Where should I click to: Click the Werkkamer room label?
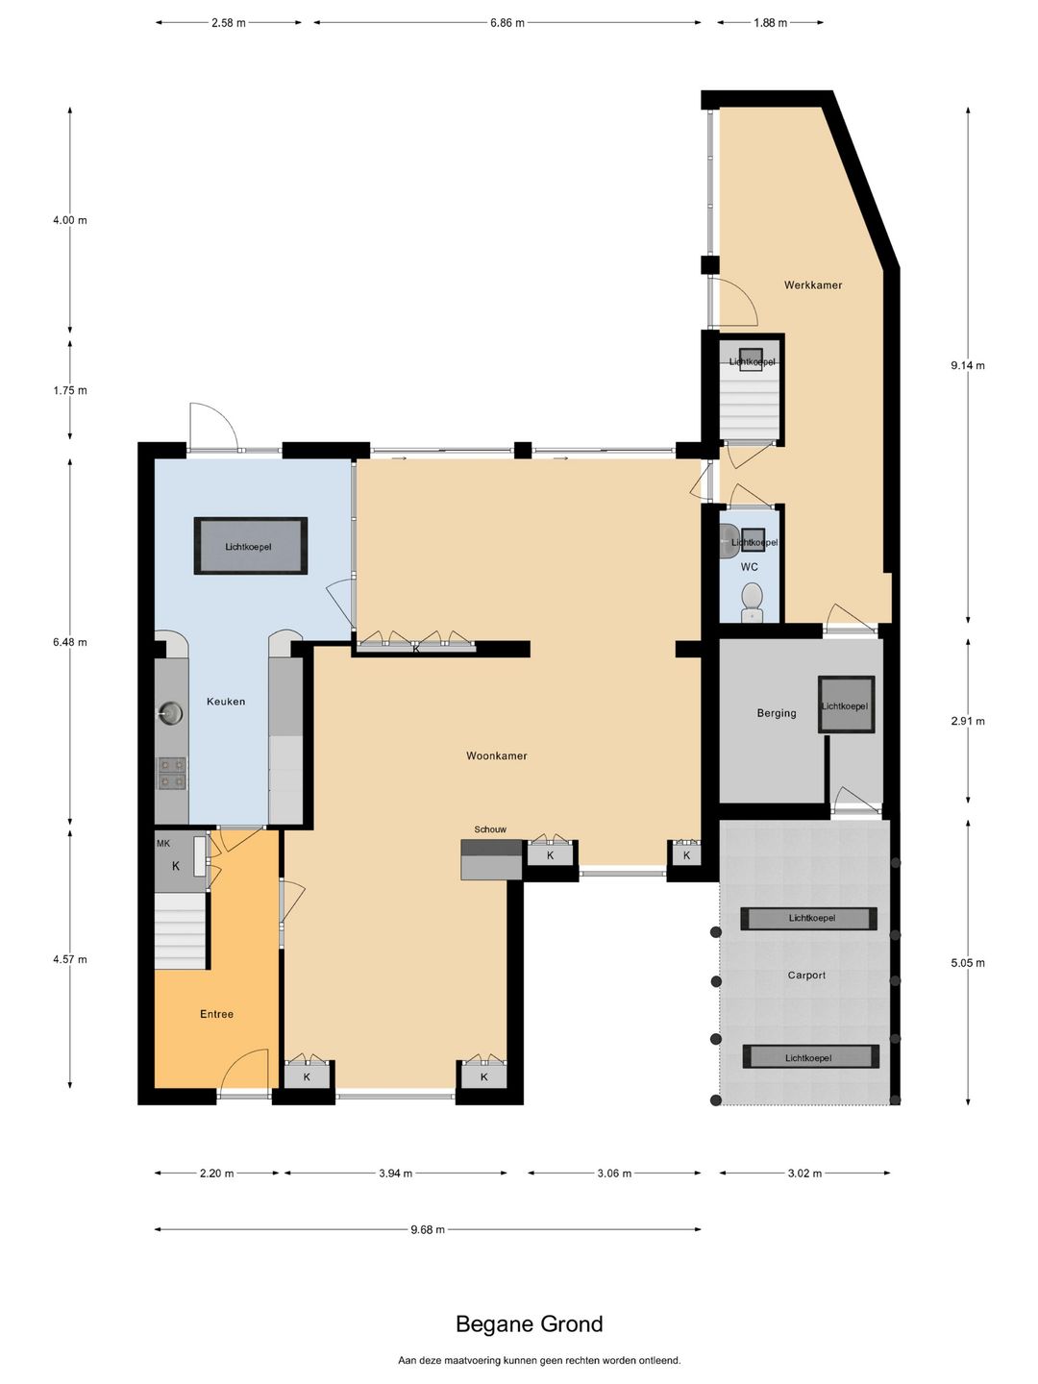click(x=812, y=285)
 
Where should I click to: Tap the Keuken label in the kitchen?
click(x=226, y=702)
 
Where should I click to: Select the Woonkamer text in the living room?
click(x=497, y=755)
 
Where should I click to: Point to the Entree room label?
click(x=217, y=1014)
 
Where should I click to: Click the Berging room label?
click(x=777, y=713)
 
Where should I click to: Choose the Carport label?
click(x=806, y=975)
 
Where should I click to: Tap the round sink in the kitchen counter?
click(x=169, y=714)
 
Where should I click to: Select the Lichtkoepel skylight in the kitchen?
click(x=250, y=546)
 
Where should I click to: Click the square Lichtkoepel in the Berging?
click(x=846, y=704)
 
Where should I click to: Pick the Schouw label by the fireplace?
click(x=490, y=829)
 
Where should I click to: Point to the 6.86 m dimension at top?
click(x=507, y=23)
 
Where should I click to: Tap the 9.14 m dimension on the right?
click(x=968, y=365)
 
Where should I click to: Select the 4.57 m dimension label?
click(x=70, y=959)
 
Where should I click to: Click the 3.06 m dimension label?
click(x=614, y=1173)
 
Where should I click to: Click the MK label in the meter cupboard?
click(x=163, y=843)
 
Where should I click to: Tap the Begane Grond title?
click(x=529, y=1323)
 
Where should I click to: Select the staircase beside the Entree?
click(x=181, y=930)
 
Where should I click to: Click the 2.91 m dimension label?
click(x=968, y=721)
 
